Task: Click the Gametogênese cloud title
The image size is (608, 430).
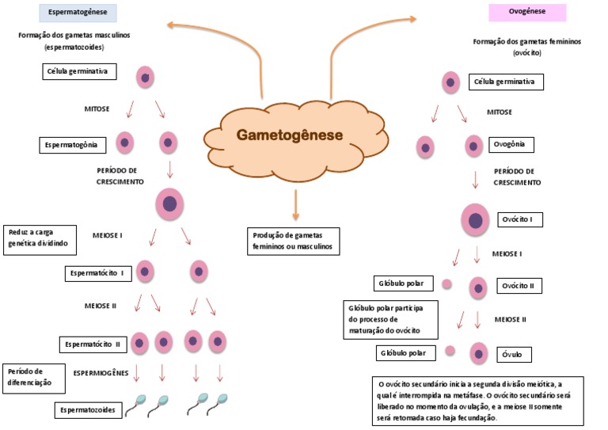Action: pos(290,135)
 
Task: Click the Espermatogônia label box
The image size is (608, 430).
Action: pos(73,145)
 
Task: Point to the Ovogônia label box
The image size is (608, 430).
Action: pos(512,145)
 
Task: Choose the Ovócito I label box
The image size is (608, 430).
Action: pos(521,219)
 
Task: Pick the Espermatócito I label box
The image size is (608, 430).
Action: pos(98,273)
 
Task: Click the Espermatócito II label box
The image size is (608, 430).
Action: pos(92,344)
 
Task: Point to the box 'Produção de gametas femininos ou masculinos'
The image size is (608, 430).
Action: pos(292,241)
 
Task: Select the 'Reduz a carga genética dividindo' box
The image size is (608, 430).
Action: pos(40,240)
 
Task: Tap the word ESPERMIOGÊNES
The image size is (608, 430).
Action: pos(101,372)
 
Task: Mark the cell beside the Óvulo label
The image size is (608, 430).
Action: pos(478,352)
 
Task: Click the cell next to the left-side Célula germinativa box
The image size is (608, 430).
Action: pos(145,77)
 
